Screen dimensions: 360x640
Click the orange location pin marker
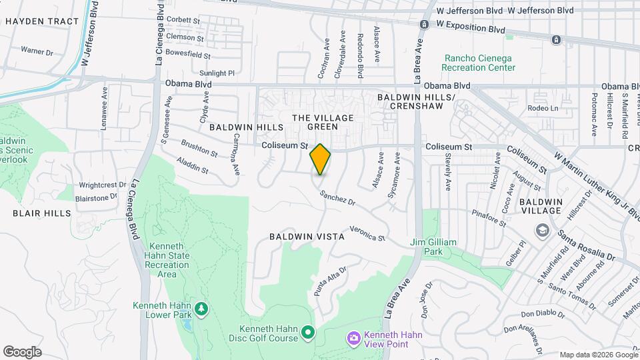320,159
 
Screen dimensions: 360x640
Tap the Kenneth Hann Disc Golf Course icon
307,331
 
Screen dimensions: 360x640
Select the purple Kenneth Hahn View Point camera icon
353,339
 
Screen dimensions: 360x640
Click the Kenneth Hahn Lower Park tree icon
201,309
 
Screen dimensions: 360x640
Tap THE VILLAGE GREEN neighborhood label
321,122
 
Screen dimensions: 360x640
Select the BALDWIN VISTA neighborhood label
307,237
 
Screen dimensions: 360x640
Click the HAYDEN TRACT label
41,21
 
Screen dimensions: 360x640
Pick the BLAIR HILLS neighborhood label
41,213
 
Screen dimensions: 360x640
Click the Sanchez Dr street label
337,197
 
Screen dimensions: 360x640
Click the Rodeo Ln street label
542,109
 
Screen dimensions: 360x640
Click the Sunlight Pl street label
217,73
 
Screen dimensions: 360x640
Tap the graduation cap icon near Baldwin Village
542,231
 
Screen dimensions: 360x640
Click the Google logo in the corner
21,352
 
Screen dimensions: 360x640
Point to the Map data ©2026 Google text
598,355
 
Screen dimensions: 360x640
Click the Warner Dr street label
36,50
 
